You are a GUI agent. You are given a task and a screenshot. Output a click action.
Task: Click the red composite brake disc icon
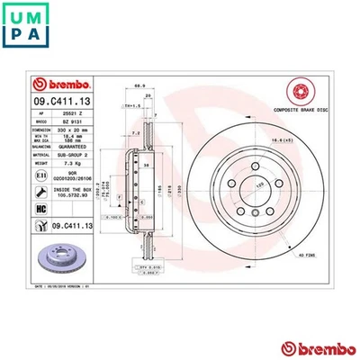tap(299, 91)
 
